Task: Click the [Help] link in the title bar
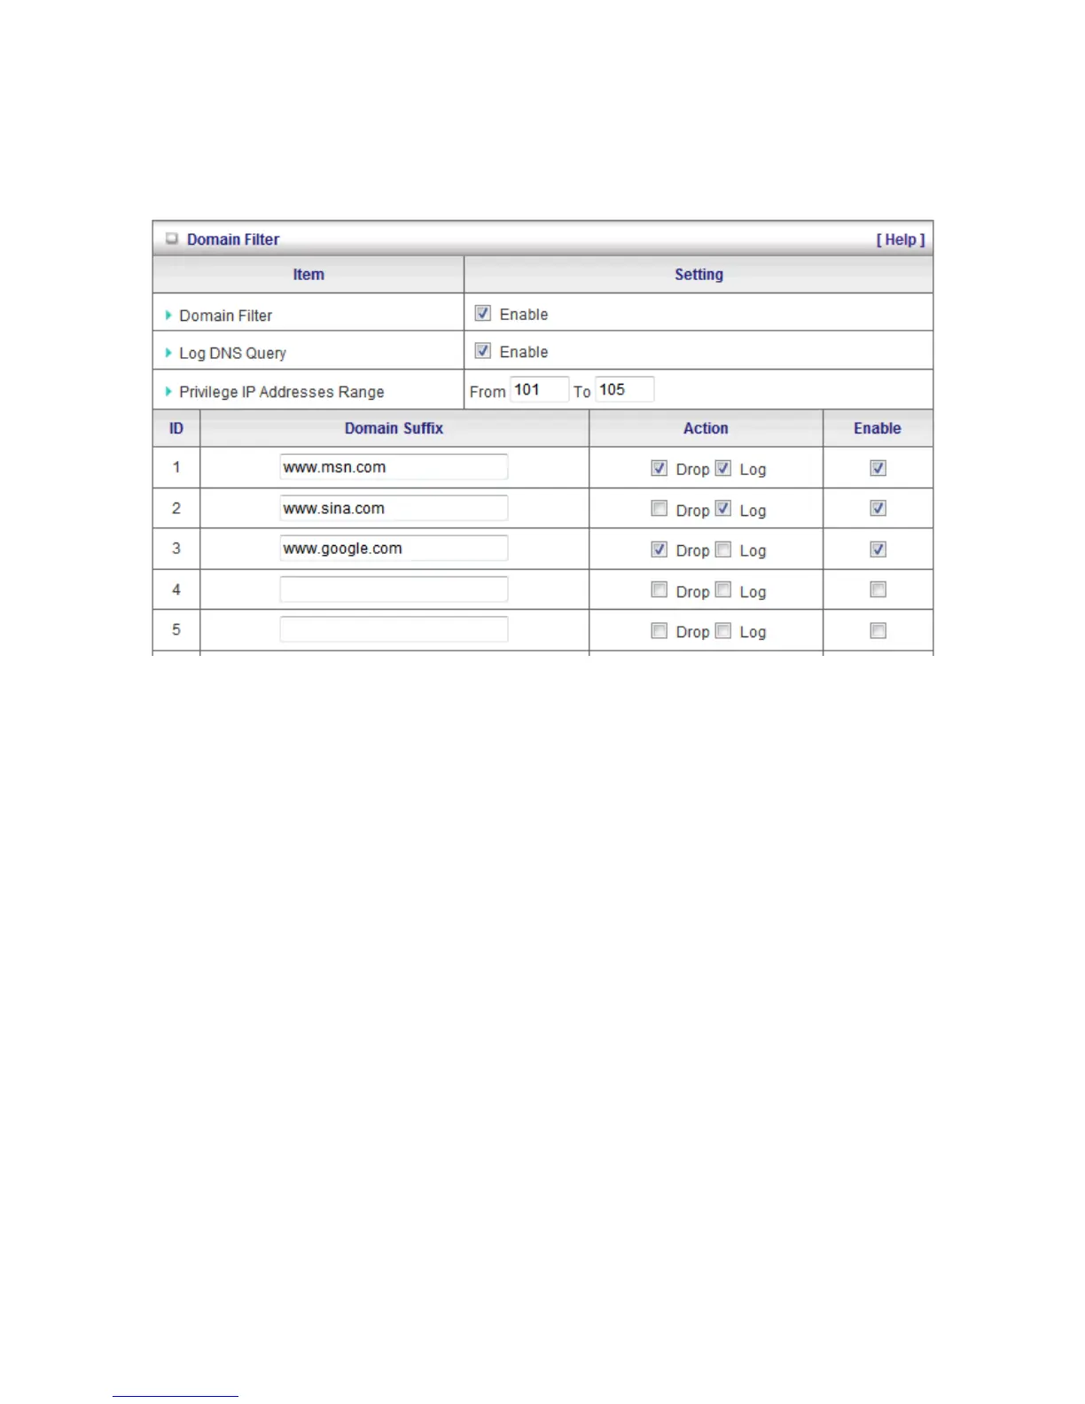[900, 240]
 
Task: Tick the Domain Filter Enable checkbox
[483, 314]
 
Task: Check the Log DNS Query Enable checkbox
[483, 351]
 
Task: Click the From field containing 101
[539, 390]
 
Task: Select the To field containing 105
[624, 390]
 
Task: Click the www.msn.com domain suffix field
[394, 467]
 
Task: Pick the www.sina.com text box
[394, 508]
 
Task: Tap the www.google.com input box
[394, 549]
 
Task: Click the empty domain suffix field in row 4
[394, 589]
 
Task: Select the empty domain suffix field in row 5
[394, 630]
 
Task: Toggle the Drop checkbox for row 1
[659, 468]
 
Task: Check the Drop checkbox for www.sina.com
[659, 509]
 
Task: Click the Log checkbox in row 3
[723, 550]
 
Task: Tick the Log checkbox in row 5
[723, 631]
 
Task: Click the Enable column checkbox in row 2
[878, 509]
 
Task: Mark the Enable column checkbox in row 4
[878, 590]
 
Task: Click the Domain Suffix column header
[394, 428]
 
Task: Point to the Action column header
[706, 428]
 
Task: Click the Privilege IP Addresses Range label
[282, 392]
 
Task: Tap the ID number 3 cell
[176, 549]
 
